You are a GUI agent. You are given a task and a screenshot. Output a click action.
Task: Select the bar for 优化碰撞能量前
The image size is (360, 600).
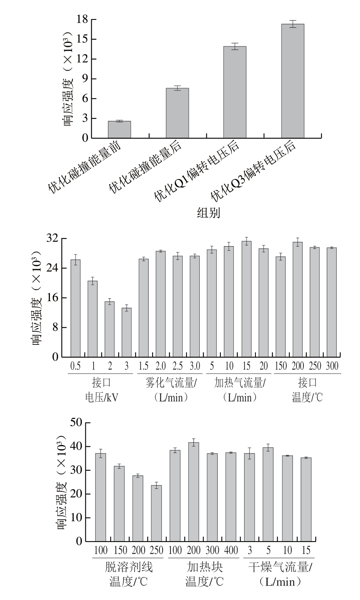(x=119, y=130)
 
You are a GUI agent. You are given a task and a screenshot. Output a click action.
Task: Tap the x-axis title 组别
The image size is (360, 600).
(x=209, y=213)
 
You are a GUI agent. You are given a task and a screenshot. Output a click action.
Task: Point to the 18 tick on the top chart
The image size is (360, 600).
(x=82, y=20)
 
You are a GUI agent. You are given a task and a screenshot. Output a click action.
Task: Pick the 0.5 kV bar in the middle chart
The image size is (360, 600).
(x=75, y=308)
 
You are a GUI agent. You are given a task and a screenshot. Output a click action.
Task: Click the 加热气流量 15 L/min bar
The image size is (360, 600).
(x=246, y=299)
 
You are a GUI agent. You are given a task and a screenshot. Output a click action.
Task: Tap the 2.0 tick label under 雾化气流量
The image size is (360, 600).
(x=161, y=366)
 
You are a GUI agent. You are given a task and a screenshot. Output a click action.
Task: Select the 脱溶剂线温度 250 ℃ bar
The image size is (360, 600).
(x=156, y=513)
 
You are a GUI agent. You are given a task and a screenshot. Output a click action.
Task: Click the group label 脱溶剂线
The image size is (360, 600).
(x=129, y=566)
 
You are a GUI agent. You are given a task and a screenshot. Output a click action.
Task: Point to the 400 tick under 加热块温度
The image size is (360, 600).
(x=231, y=550)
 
